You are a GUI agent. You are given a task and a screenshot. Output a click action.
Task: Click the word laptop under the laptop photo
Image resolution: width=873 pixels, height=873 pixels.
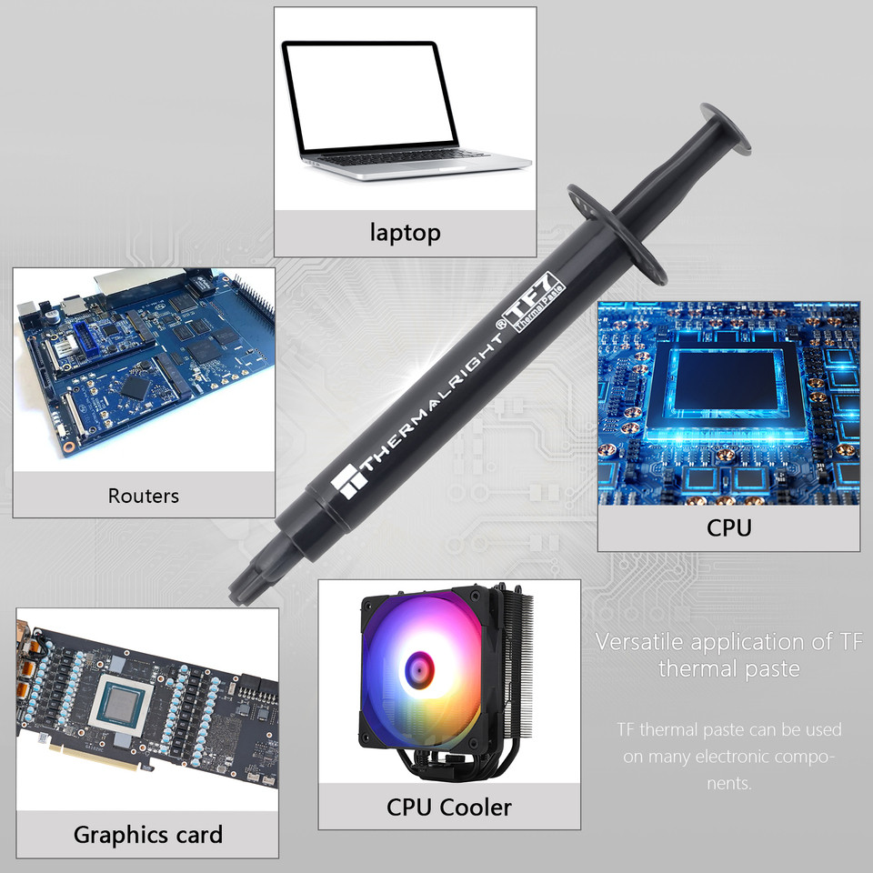click(x=405, y=232)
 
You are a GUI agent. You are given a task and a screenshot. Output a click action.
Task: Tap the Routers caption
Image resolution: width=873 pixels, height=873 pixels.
click(x=144, y=496)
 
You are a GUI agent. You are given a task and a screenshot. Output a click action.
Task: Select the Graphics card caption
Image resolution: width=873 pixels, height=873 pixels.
click(x=147, y=834)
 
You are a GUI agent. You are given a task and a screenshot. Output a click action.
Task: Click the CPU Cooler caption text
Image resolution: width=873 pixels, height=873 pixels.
click(x=449, y=806)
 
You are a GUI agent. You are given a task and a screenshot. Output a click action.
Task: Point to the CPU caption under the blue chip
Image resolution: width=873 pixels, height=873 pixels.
click(x=728, y=527)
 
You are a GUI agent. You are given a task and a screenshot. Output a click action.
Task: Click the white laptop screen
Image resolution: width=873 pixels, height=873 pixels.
click(x=367, y=95)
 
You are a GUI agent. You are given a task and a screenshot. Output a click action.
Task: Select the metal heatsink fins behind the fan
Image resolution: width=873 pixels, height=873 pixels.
click(x=516, y=655)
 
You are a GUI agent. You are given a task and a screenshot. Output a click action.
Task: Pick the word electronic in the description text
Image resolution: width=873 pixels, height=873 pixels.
click(x=728, y=757)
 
